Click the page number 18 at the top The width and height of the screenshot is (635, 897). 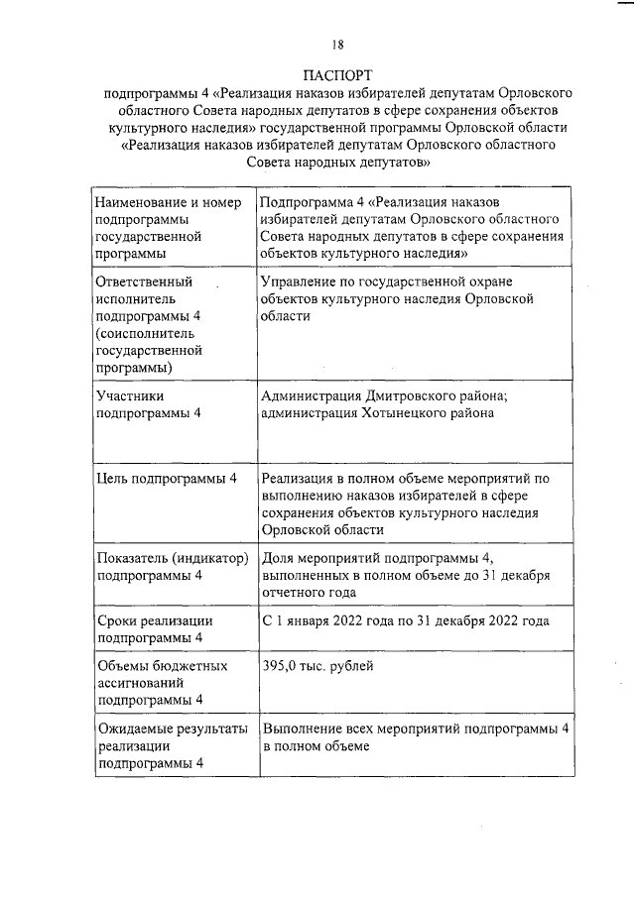pos(338,44)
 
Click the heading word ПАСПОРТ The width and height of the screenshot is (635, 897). pos(337,74)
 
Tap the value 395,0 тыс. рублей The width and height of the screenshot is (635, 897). pos(317,667)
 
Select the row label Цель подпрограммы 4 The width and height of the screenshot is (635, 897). pos(167,479)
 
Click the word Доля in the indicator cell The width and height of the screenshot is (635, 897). pos(279,558)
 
